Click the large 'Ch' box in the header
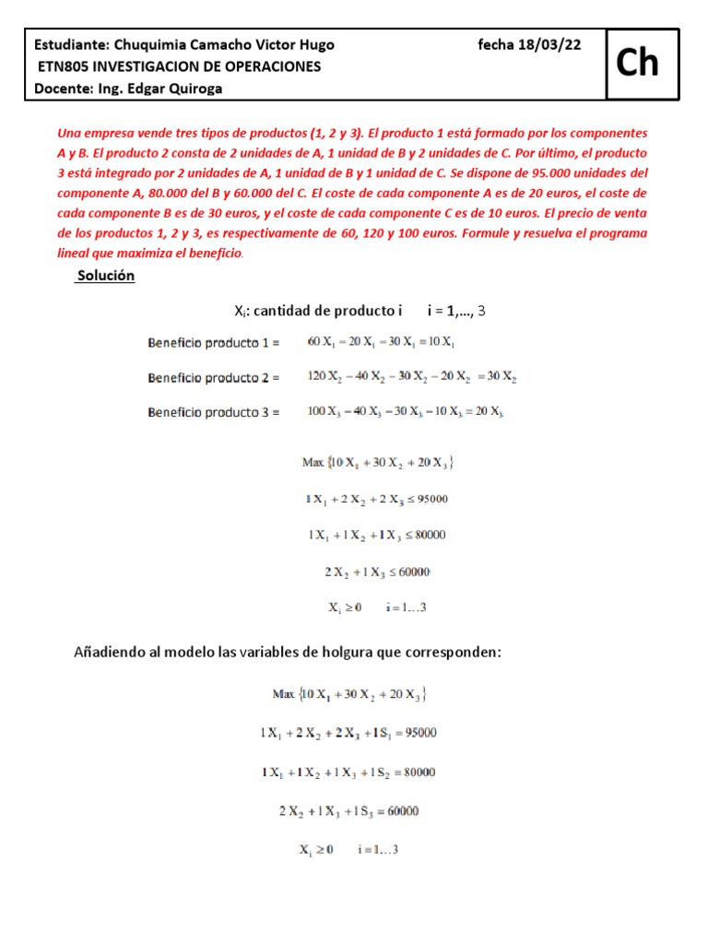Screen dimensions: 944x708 [x=638, y=63]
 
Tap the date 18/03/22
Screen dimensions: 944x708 [x=552, y=45]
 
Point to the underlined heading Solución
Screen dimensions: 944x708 [x=106, y=276]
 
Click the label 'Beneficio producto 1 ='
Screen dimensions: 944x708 [x=213, y=343]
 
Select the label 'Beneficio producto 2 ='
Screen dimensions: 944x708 [x=213, y=378]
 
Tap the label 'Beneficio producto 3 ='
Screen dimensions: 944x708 [x=213, y=412]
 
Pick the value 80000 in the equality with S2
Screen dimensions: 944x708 [x=415, y=773]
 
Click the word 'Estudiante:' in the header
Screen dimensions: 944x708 [x=71, y=45]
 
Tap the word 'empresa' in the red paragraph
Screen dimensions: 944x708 [x=111, y=134]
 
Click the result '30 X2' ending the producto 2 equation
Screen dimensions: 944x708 [x=501, y=378]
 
